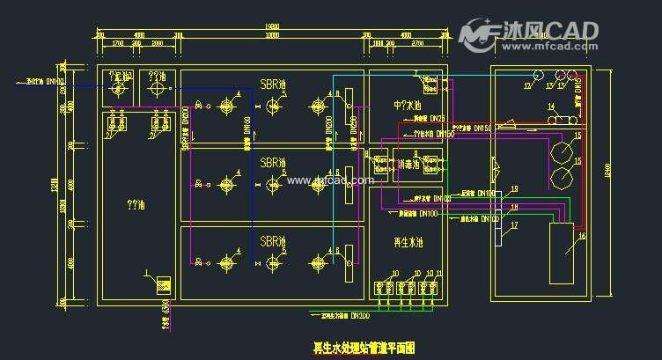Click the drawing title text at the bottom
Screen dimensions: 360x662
click(364, 349)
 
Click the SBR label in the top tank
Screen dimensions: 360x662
click(272, 85)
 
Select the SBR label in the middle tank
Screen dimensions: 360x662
click(272, 163)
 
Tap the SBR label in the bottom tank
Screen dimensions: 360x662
click(272, 240)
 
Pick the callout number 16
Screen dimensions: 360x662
click(582, 237)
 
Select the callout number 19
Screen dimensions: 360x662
click(515, 189)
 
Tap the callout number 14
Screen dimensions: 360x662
click(551, 107)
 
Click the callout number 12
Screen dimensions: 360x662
click(527, 86)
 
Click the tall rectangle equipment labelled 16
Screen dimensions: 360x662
click(563, 253)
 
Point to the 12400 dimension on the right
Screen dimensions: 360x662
click(607, 176)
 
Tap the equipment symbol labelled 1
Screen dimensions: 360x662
click(162, 285)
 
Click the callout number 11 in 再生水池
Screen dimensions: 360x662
click(439, 274)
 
